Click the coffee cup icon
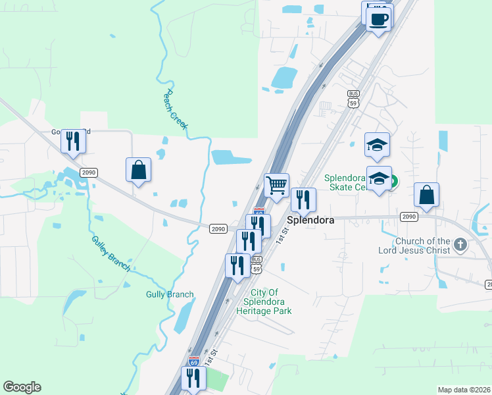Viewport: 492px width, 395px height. coord(378,18)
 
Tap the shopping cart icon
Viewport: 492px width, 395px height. coord(277,184)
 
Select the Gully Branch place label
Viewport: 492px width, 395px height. coord(170,294)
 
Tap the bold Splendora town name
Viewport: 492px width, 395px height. coord(310,221)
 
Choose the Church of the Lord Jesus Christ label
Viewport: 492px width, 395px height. coord(424,246)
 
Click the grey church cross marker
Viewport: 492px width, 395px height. coord(460,245)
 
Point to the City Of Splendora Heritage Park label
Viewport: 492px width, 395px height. coord(263,302)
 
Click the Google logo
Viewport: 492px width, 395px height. coord(22,387)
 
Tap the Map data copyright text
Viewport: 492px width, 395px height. coord(463,390)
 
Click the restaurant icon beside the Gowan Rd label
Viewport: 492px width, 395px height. coord(73,141)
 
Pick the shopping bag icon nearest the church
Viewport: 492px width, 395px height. coord(426,194)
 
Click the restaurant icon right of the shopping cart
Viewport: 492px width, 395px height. coord(303,199)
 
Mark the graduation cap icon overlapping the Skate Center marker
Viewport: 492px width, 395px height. coord(379,178)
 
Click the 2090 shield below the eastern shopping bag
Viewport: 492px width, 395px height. coord(409,216)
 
